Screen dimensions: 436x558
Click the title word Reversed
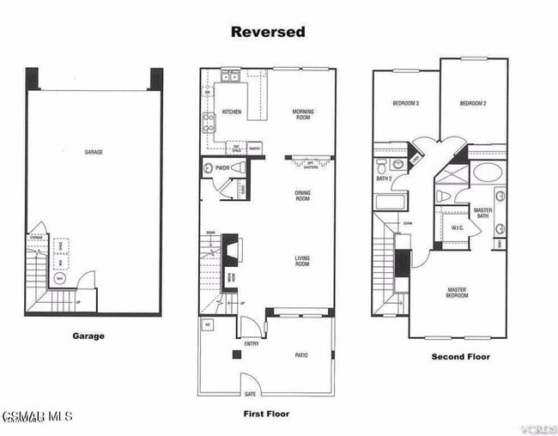[267, 32]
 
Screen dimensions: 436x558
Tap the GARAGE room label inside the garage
[94, 152]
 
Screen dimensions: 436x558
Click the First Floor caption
[267, 414]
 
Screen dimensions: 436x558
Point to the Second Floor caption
[461, 356]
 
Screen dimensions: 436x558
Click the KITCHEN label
[232, 112]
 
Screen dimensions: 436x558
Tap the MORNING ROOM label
[302, 114]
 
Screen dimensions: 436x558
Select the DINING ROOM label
[302, 197]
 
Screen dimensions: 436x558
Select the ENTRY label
[252, 343]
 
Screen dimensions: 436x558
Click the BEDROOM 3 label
[405, 104]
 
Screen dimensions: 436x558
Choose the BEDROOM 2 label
[473, 104]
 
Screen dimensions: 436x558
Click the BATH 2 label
[384, 179]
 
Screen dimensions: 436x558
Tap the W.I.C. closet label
[458, 227]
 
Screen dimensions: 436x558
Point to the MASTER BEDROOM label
[457, 294]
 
